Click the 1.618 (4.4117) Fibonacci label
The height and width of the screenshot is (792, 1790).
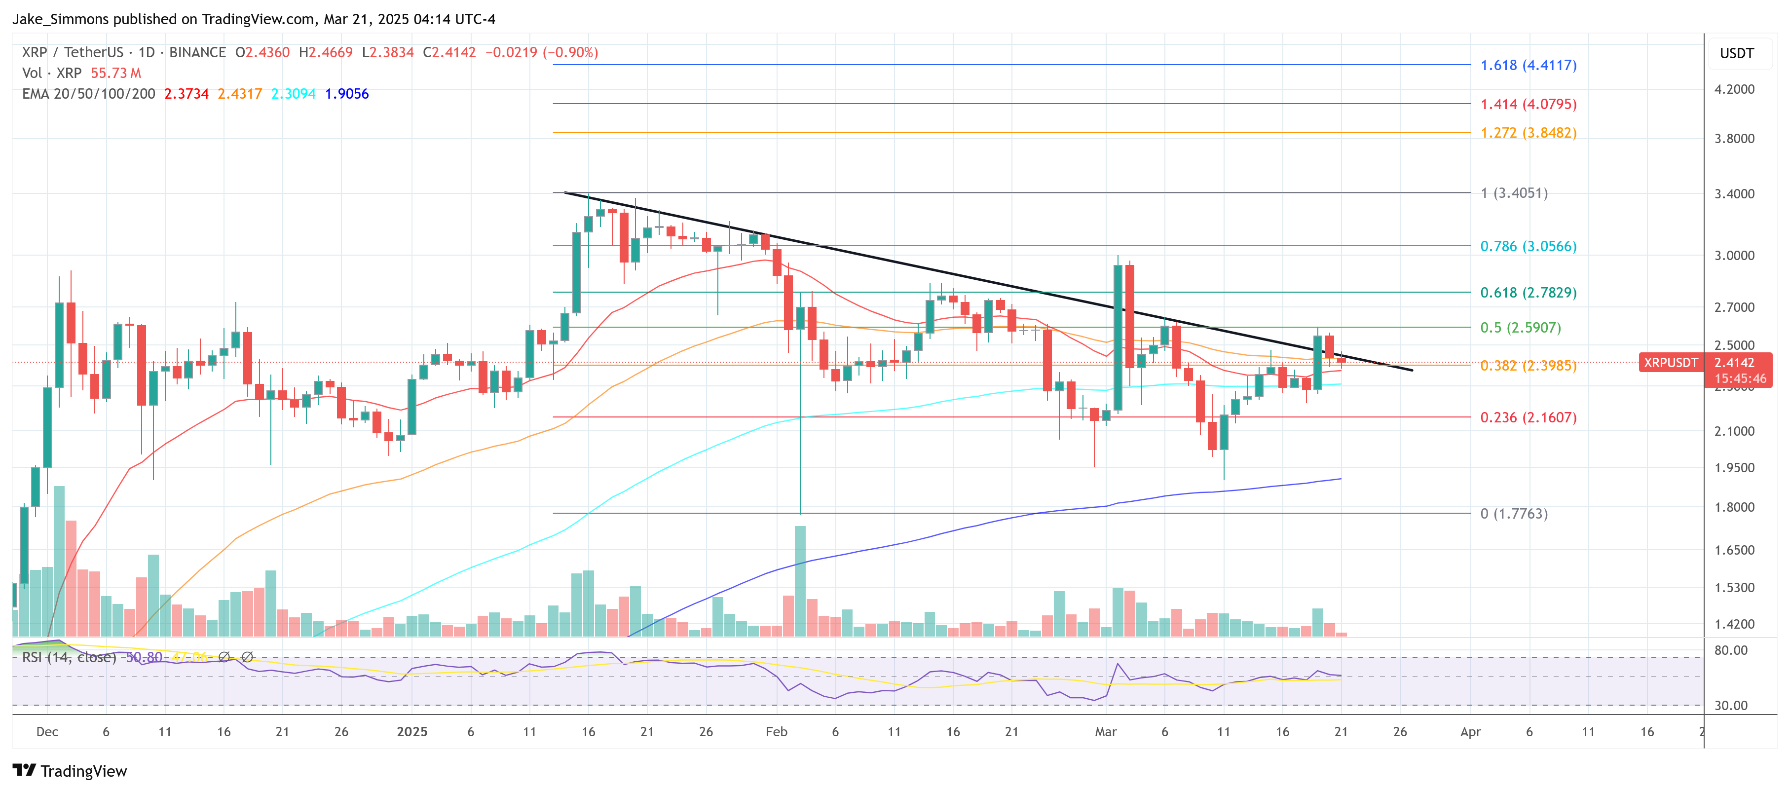[x=1528, y=65]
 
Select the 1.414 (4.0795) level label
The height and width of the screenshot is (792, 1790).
[x=1528, y=104]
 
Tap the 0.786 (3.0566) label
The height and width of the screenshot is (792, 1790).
[x=1528, y=246]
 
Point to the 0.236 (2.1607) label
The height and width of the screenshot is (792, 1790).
[x=1528, y=417]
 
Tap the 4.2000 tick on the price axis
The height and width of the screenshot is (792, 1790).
[x=1734, y=89]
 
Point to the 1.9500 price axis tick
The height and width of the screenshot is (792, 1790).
[x=1734, y=468]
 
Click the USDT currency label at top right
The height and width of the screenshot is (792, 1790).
[x=1736, y=53]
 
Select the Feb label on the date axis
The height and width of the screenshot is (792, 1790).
[x=776, y=732]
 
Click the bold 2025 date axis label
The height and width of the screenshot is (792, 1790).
[x=411, y=732]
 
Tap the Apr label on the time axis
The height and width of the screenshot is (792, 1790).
[x=1470, y=732]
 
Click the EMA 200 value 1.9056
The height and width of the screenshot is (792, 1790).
[x=347, y=94]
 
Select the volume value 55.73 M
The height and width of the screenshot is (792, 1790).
[x=115, y=73]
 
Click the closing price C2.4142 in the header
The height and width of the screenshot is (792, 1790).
[x=449, y=52]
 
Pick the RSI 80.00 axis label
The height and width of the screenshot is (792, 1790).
[x=1730, y=650]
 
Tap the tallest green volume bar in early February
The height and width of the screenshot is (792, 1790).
[x=800, y=580]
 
